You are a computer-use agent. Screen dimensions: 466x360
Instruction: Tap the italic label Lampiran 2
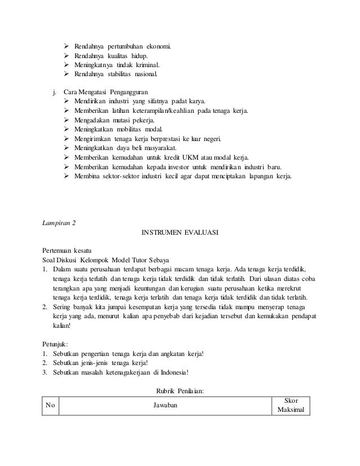59,222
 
